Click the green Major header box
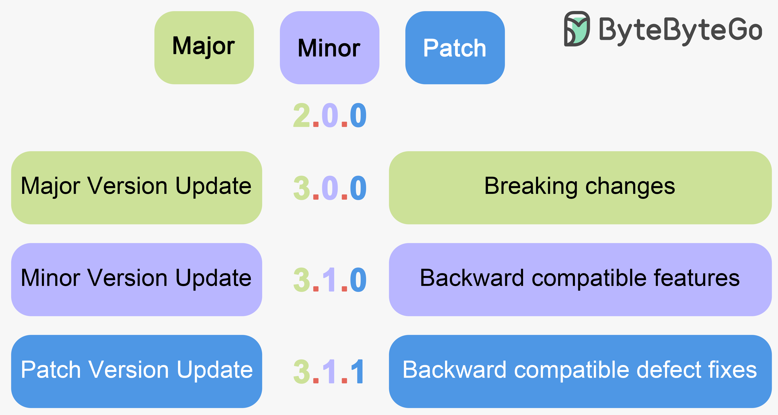204,47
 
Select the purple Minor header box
329,47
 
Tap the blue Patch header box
455,47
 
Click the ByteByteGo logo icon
577,29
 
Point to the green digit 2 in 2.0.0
301,115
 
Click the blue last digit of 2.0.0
358,115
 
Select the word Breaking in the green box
531,186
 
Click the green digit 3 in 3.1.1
301,372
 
